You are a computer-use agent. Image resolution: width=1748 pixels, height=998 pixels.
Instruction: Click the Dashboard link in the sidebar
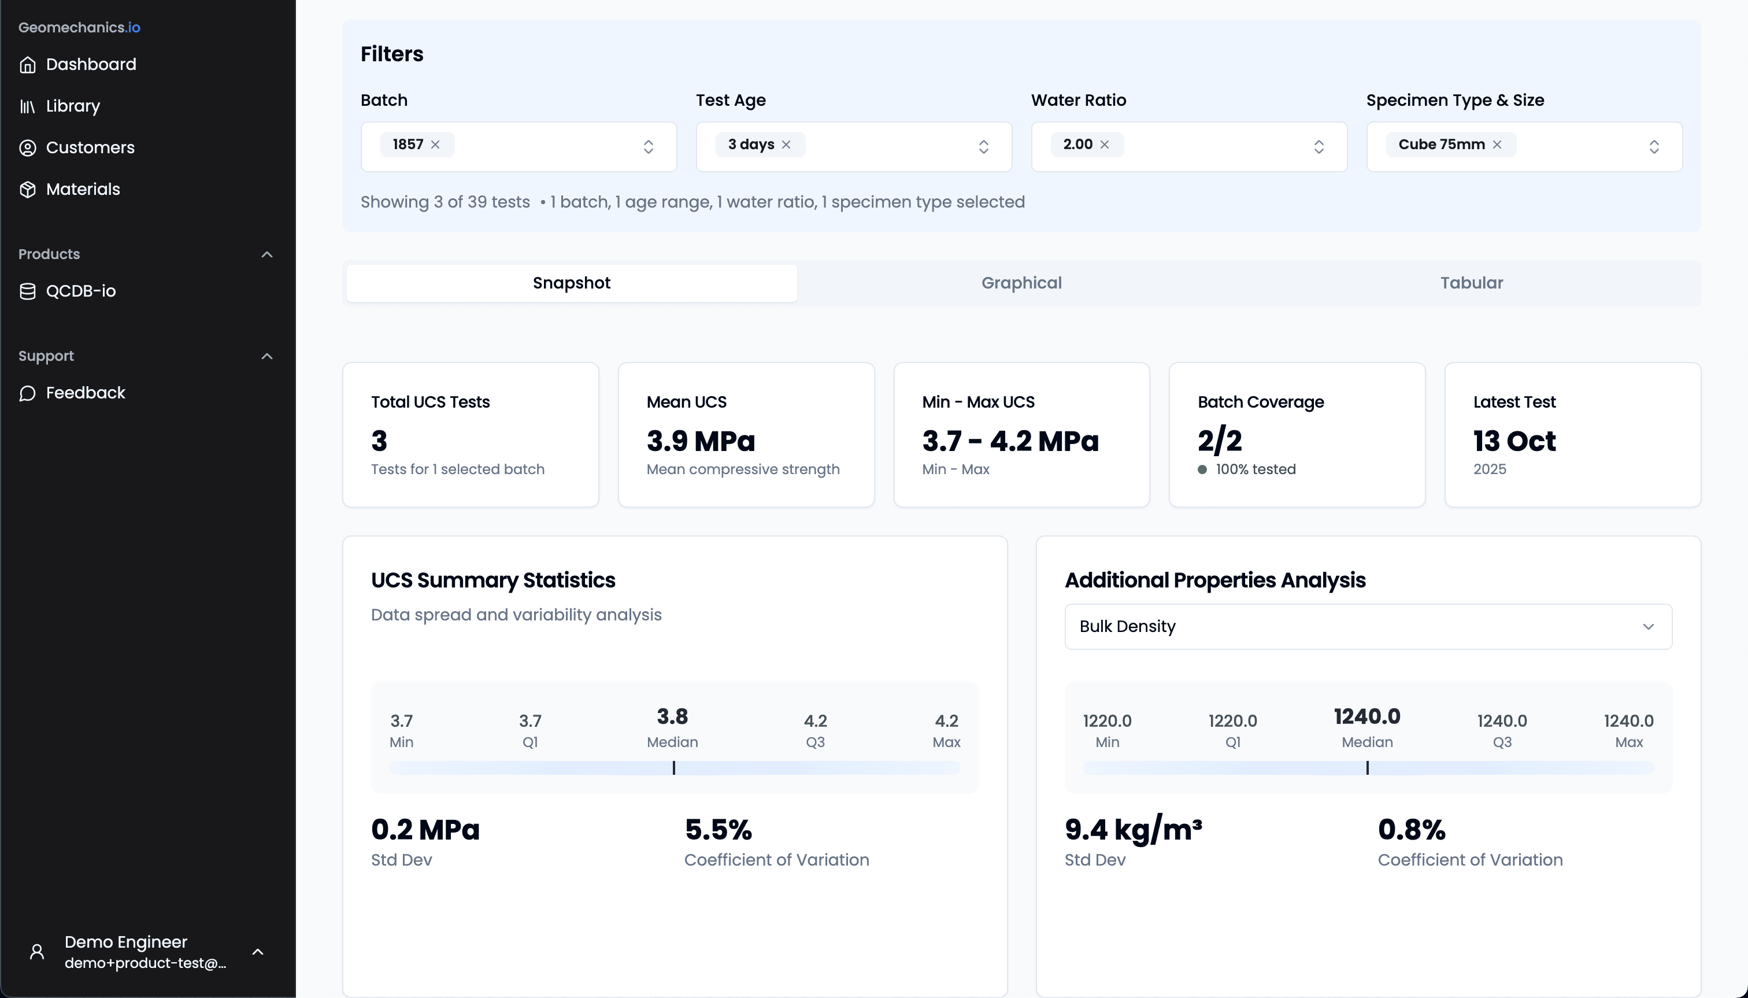pos(90,64)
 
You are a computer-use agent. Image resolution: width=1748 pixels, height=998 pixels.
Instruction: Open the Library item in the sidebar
pos(73,106)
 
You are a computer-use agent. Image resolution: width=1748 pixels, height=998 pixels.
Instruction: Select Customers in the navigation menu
pos(90,147)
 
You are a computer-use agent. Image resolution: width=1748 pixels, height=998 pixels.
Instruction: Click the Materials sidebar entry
pos(82,189)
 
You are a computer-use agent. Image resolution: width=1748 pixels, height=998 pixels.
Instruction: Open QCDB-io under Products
pos(80,291)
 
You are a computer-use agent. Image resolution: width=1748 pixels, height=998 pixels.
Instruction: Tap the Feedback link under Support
pos(85,393)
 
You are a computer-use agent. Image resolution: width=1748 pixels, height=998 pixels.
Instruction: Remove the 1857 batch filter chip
pos(435,145)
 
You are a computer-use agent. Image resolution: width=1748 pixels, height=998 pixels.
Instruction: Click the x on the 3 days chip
pos(786,145)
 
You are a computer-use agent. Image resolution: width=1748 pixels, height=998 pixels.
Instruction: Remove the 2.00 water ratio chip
pos(1105,145)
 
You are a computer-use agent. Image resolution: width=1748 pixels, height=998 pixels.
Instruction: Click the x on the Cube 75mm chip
pos(1497,145)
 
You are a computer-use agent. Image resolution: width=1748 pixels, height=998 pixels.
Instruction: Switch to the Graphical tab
pos(1021,283)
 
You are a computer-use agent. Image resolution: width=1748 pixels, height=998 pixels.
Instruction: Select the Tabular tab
pos(1471,283)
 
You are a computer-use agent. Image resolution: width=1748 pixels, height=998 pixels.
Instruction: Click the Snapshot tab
pos(572,283)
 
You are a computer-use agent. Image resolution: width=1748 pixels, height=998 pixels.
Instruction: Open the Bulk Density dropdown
pos(1368,626)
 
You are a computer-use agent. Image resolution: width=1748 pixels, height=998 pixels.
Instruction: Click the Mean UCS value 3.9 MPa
pos(700,441)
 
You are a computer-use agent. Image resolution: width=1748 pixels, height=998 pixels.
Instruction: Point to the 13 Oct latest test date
pos(1514,441)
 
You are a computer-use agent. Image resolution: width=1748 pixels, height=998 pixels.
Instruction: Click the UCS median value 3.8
pos(672,717)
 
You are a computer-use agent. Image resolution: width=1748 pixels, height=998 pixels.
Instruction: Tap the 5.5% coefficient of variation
pos(718,830)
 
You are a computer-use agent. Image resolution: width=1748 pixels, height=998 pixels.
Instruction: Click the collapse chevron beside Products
pos(267,254)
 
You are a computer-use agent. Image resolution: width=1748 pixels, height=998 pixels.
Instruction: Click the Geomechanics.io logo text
pos(79,27)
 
